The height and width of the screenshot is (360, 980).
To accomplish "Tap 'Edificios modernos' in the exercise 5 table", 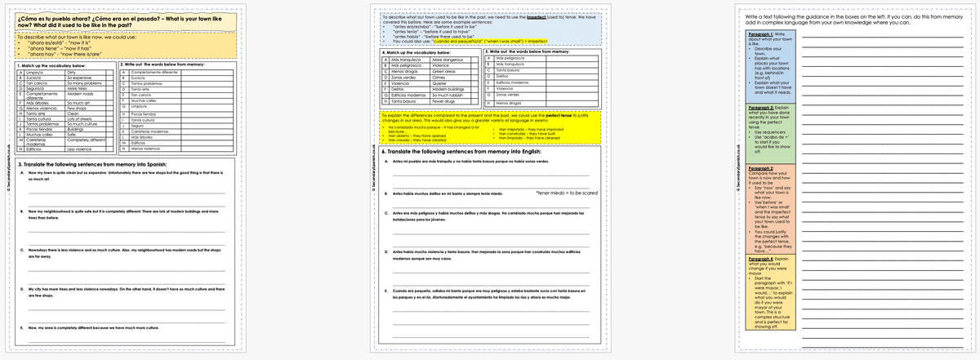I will click(x=511, y=82).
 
